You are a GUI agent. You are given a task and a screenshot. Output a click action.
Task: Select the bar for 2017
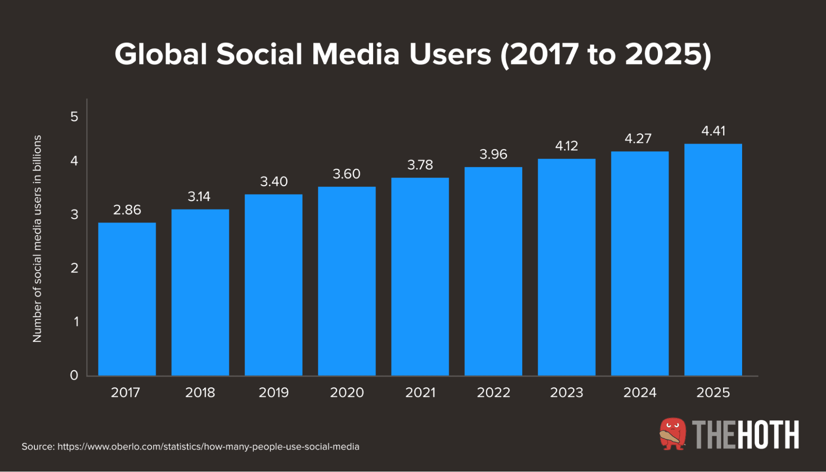click(x=127, y=299)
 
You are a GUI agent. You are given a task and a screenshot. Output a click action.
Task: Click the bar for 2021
click(x=420, y=276)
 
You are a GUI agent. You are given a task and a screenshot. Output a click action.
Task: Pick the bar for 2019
click(x=273, y=285)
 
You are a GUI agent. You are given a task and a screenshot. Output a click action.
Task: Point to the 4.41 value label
click(x=713, y=131)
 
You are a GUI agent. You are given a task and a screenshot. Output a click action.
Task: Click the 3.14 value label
click(x=199, y=196)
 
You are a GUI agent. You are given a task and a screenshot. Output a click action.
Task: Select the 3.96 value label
click(x=493, y=154)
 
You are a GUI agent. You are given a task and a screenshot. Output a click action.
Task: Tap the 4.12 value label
click(x=566, y=146)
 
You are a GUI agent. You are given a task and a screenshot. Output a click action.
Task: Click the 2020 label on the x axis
click(x=347, y=392)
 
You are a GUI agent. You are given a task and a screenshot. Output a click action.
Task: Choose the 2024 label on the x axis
click(x=640, y=392)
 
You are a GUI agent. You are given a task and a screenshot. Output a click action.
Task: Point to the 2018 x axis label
click(x=200, y=392)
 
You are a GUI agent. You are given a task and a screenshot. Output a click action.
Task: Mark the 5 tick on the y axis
click(x=74, y=117)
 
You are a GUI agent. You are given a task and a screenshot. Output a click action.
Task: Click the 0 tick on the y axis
click(x=74, y=375)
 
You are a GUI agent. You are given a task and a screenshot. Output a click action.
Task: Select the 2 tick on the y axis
click(x=74, y=268)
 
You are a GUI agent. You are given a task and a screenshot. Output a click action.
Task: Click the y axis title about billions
click(x=37, y=239)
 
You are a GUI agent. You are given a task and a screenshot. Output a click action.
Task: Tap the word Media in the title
click(x=355, y=54)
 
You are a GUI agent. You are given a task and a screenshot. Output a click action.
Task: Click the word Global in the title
click(x=161, y=54)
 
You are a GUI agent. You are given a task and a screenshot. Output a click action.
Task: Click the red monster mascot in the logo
click(x=672, y=434)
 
